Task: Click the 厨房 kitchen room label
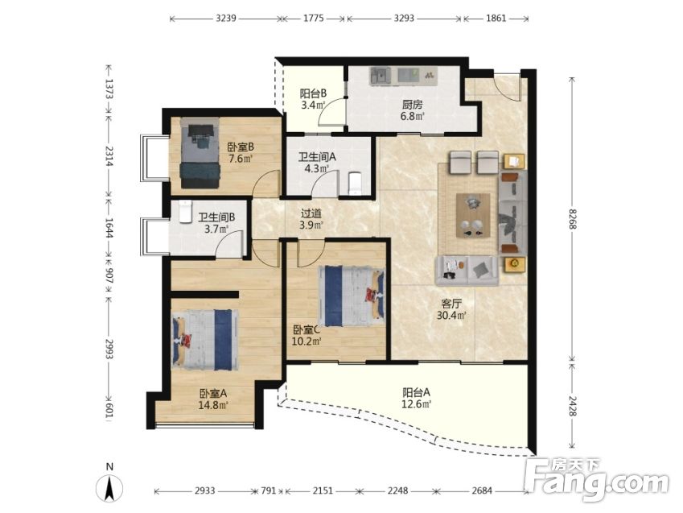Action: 412,105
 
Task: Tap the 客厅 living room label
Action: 451,304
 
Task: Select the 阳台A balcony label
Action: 417,392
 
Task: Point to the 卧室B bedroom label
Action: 241,147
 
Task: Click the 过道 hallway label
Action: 311,213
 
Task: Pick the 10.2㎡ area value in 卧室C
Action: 307,341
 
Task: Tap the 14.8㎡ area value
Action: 213,405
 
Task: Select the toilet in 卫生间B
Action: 186,212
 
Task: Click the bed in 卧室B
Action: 200,153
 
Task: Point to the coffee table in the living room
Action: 473,216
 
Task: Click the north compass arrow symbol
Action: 109,488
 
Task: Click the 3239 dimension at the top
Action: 226,19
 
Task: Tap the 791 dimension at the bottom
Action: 269,490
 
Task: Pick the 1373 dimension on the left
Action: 109,89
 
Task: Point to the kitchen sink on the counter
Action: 380,75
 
